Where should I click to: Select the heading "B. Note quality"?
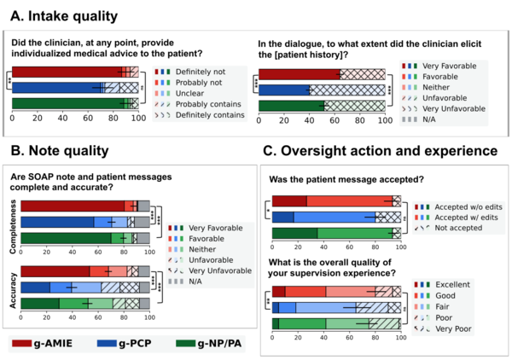tap(60, 151)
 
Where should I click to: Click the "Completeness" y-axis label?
tap(13, 221)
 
